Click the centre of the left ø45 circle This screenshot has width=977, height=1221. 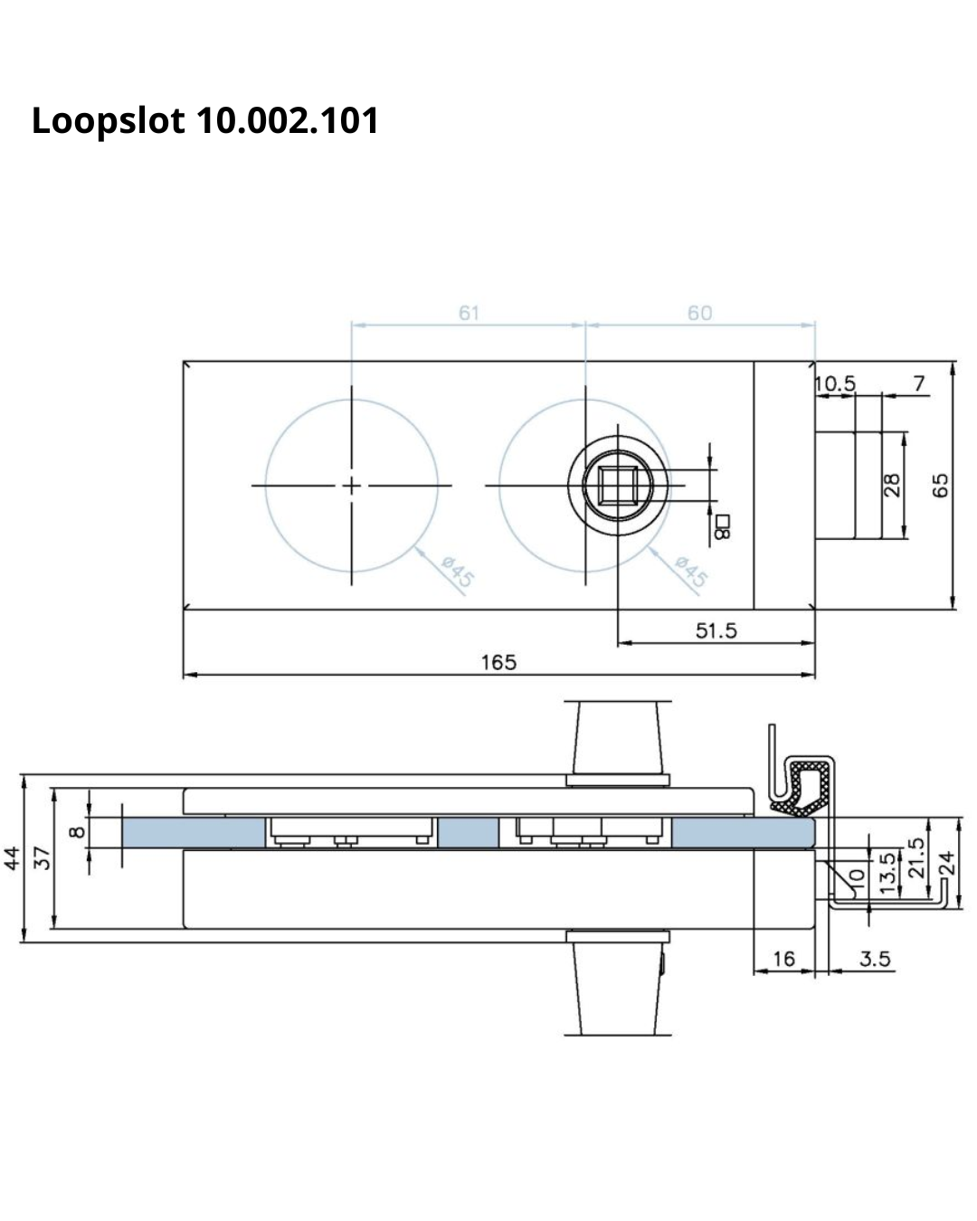(x=351, y=486)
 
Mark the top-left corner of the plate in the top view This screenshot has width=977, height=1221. (x=184, y=361)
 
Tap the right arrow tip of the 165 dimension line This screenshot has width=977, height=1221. (x=815, y=675)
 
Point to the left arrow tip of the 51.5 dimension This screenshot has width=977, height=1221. (x=618, y=643)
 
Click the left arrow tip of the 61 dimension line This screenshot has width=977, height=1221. (x=352, y=325)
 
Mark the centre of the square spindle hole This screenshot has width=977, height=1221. (x=618, y=486)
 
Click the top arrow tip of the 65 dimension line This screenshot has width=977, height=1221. (x=952, y=362)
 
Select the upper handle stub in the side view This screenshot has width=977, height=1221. (x=618, y=743)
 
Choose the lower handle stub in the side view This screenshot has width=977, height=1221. (x=618, y=983)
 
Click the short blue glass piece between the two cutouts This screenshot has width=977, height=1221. (x=469, y=833)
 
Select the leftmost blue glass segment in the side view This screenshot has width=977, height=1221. (x=194, y=833)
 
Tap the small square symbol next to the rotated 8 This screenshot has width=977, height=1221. (x=723, y=521)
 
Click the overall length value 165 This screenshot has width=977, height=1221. (x=498, y=662)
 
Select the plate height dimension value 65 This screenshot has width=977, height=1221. (x=940, y=486)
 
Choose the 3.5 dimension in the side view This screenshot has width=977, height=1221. (x=875, y=959)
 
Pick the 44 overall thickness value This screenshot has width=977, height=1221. (x=12, y=858)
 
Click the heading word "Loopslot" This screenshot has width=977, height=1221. (x=109, y=121)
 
